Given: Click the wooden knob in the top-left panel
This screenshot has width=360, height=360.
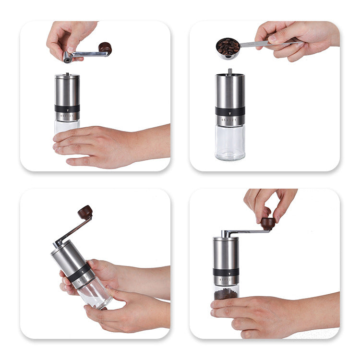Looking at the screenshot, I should (x=105, y=48).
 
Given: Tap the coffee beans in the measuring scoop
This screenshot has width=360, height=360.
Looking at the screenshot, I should (x=228, y=47).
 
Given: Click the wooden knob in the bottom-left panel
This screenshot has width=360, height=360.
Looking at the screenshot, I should (x=85, y=212).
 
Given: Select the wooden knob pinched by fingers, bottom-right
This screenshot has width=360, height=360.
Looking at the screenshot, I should (x=268, y=223).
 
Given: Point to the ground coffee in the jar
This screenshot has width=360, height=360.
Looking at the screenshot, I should (x=226, y=293).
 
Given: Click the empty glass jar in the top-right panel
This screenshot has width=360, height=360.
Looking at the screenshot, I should (x=230, y=143).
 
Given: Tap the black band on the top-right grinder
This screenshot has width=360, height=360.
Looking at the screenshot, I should (x=230, y=111).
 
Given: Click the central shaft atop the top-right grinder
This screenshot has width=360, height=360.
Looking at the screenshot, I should (x=229, y=72).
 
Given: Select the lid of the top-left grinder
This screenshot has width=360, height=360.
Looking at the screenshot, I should (x=67, y=76).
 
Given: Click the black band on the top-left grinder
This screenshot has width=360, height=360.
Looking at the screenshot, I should (x=67, y=108).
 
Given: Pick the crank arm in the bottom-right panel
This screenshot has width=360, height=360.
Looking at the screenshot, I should (x=247, y=232).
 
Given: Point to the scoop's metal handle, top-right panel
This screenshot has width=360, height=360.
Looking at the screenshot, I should (x=269, y=44).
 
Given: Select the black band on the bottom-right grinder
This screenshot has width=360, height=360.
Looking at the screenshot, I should (x=226, y=272).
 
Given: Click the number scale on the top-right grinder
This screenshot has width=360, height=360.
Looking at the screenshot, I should (x=230, y=120).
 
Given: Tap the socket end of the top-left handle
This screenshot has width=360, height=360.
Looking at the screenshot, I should (x=68, y=58).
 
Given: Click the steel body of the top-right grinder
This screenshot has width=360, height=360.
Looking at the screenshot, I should (x=230, y=91).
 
